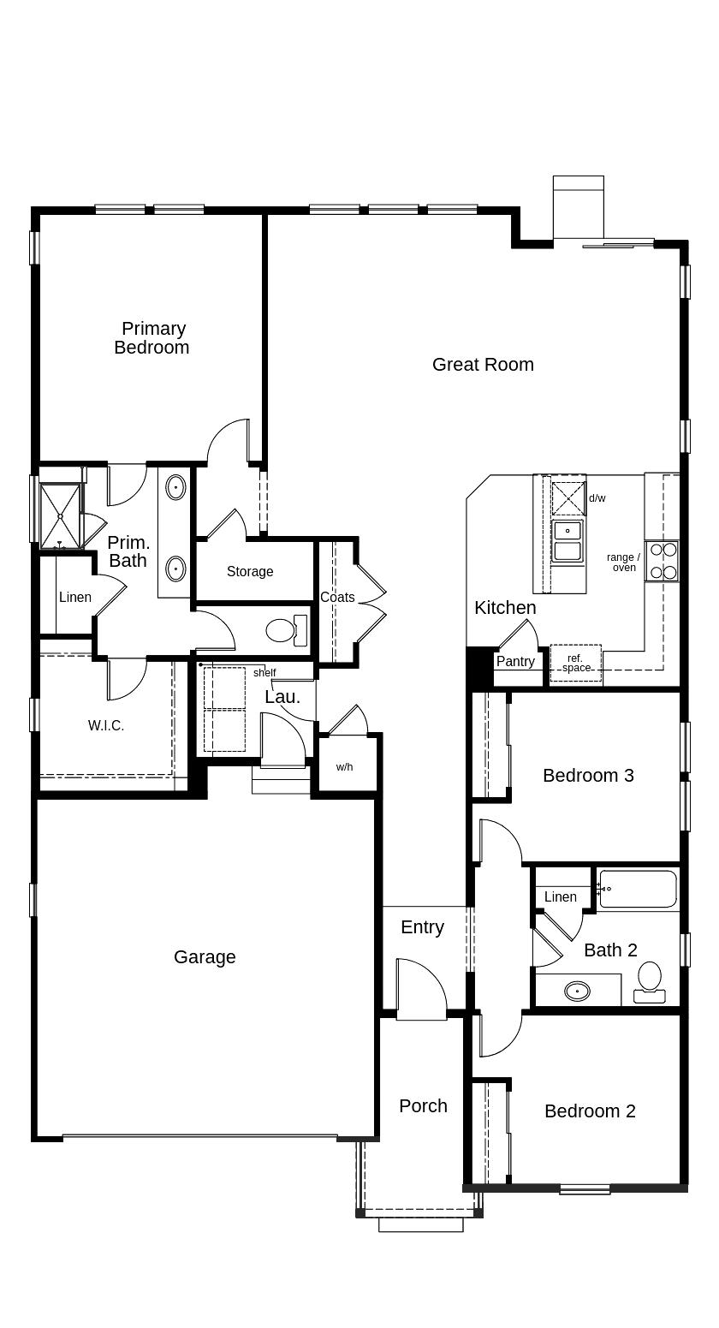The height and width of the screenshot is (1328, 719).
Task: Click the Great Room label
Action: coord(483,364)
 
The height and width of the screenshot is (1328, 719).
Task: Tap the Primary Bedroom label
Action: coord(152,337)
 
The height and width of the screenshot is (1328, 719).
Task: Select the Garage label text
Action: coord(205,957)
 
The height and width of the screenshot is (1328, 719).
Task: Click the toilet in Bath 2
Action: coord(650,982)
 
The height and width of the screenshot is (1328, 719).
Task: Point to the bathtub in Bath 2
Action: coord(638,889)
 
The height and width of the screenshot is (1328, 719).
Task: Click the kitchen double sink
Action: coord(567,540)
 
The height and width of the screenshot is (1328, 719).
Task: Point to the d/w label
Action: coord(597,498)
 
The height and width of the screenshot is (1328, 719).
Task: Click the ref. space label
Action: coord(575,663)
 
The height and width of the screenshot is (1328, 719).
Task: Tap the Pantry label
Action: coord(515,661)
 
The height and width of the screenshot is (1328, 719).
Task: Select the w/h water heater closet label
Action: coord(344,766)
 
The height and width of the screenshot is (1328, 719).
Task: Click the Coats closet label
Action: coord(337,597)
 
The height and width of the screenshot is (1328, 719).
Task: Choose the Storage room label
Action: coord(250,571)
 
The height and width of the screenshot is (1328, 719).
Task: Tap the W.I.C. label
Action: coord(106,725)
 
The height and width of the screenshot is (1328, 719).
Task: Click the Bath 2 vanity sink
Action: coord(577,990)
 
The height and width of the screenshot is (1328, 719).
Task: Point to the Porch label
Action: coord(423,1105)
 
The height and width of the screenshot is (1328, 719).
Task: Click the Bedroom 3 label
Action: coord(589,776)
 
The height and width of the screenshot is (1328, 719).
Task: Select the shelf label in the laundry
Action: coord(264,673)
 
